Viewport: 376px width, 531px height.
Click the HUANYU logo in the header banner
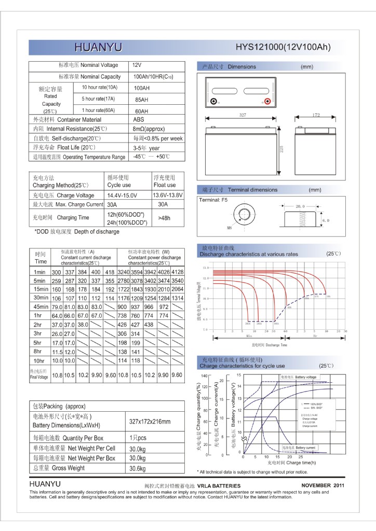(98, 48)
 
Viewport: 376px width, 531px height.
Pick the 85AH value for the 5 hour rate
(141, 99)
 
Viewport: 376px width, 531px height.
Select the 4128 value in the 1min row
(178, 272)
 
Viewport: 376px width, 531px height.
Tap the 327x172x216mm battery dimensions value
(149, 422)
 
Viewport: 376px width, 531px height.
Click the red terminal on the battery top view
(267, 102)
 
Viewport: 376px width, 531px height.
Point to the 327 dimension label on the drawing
(242, 115)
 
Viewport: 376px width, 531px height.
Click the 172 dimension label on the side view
(316, 115)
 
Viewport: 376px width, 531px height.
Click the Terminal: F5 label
(213, 200)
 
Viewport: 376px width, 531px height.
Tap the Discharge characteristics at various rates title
(249, 255)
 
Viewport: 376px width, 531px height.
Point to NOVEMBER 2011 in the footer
(323, 485)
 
